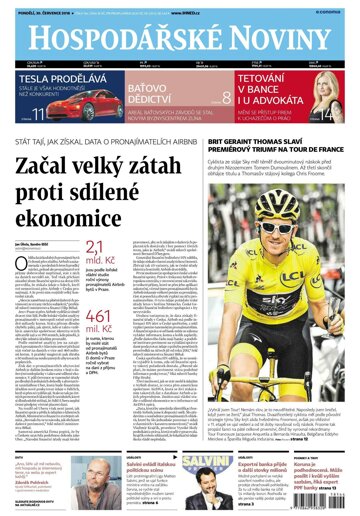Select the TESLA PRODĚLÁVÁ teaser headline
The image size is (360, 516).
(60, 77)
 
